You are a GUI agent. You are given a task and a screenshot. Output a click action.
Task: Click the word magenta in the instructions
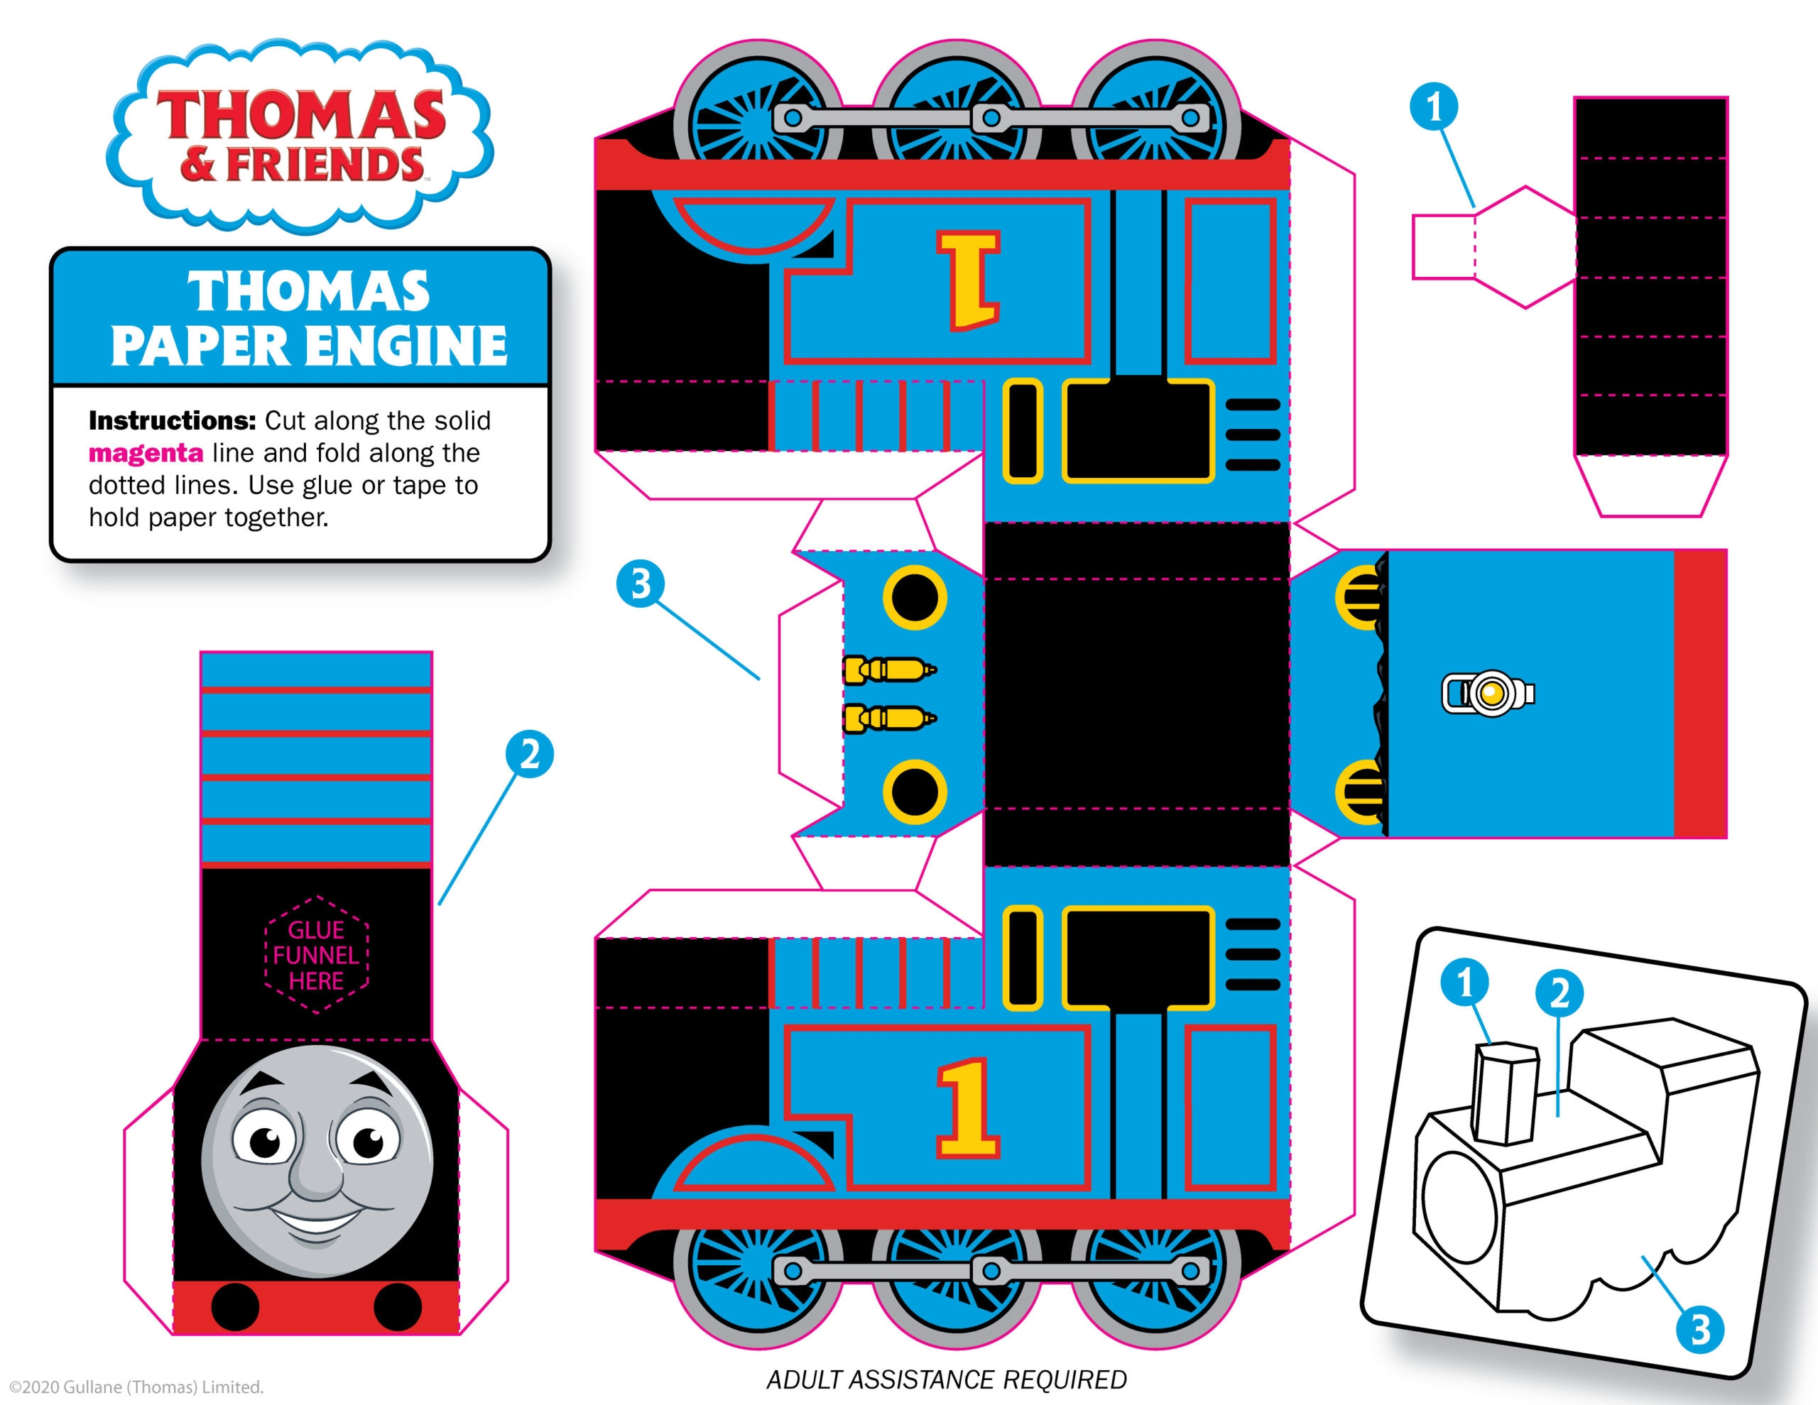(146, 453)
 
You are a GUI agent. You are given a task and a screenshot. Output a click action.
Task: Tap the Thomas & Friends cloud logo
(300, 133)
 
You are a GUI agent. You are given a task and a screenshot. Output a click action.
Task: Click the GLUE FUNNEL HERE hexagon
(316, 955)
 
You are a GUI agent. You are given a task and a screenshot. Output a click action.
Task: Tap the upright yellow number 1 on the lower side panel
(967, 1108)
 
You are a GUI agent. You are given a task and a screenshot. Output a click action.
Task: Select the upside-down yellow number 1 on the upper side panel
(968, 280)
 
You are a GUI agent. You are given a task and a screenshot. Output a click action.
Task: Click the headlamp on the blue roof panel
(1488, 692)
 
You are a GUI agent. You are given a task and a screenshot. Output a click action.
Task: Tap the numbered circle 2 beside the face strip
(529, 755)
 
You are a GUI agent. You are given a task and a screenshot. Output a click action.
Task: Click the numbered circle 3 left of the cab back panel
(640, 584)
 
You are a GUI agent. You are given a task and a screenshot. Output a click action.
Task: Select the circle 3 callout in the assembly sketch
(1700, 1329)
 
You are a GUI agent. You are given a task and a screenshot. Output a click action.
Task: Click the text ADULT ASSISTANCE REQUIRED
(947, 1380)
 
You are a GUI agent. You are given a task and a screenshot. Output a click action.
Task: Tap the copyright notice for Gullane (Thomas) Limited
(136, 1387)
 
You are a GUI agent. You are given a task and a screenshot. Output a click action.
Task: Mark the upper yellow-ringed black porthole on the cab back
(914, 598)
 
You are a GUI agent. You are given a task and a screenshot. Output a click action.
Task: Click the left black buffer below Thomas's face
(236, 1307)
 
